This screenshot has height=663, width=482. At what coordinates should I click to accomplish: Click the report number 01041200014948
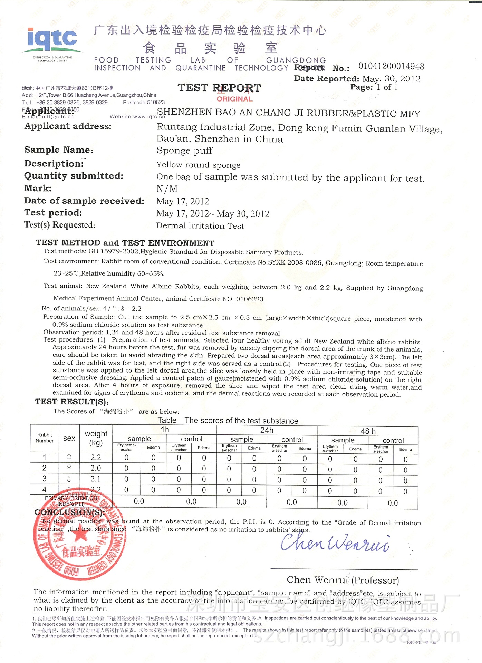[x=391, y=66]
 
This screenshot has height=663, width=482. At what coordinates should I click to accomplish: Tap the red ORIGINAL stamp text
[x=234, y=99]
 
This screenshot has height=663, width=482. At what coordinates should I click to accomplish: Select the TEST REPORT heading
[x=219, y=88]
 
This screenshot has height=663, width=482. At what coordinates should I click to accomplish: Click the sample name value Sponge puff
[x=184, y=151]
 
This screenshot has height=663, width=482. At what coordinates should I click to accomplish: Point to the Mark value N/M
[x=167, y=189]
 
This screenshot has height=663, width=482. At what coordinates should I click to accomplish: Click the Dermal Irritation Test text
[x=200, y=226]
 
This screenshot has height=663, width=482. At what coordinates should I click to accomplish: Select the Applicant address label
[x=68, y=126]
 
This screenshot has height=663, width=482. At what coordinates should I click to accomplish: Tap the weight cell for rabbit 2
[x=96, y=468]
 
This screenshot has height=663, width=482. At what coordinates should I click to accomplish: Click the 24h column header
[x=267, y=430]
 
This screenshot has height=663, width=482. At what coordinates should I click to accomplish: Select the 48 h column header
[x=368, y=431]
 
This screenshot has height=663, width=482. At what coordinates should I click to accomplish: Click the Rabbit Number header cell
[x=45, y=438]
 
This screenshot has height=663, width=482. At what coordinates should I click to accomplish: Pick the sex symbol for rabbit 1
[x=69, y=457]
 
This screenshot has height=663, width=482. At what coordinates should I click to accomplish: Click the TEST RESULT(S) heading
[x=72, y=402]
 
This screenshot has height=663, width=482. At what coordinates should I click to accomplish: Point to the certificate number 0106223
[x=250, y=299]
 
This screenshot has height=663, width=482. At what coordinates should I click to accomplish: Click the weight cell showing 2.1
[x=96, y=479]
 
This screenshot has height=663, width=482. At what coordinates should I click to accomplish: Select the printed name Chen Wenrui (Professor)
[x=343, y=580]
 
